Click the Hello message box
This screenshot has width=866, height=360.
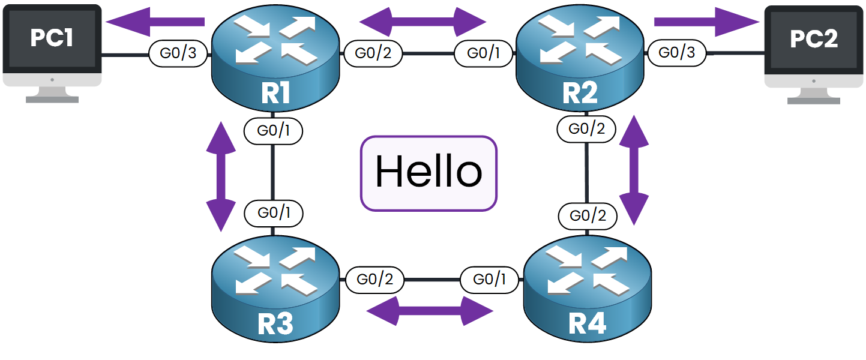click(x=428, y=173)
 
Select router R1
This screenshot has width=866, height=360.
click(x=275, y=60)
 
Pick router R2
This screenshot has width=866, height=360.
click(x=580, y=60)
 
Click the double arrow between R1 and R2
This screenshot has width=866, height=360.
click(x=422, y=22)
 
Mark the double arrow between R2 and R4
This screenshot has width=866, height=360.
click(x=634, y=170)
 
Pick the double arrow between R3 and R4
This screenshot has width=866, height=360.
click(x=429, y=311)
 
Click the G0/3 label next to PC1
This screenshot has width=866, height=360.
click(x=178, y=53)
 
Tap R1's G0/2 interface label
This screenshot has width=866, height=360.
click(x=373, y=53)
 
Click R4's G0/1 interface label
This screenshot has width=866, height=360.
click(x=489, y=280)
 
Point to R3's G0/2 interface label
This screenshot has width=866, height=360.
click(x=375, y=280)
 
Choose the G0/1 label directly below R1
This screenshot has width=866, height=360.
click(x=274, y=131)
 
